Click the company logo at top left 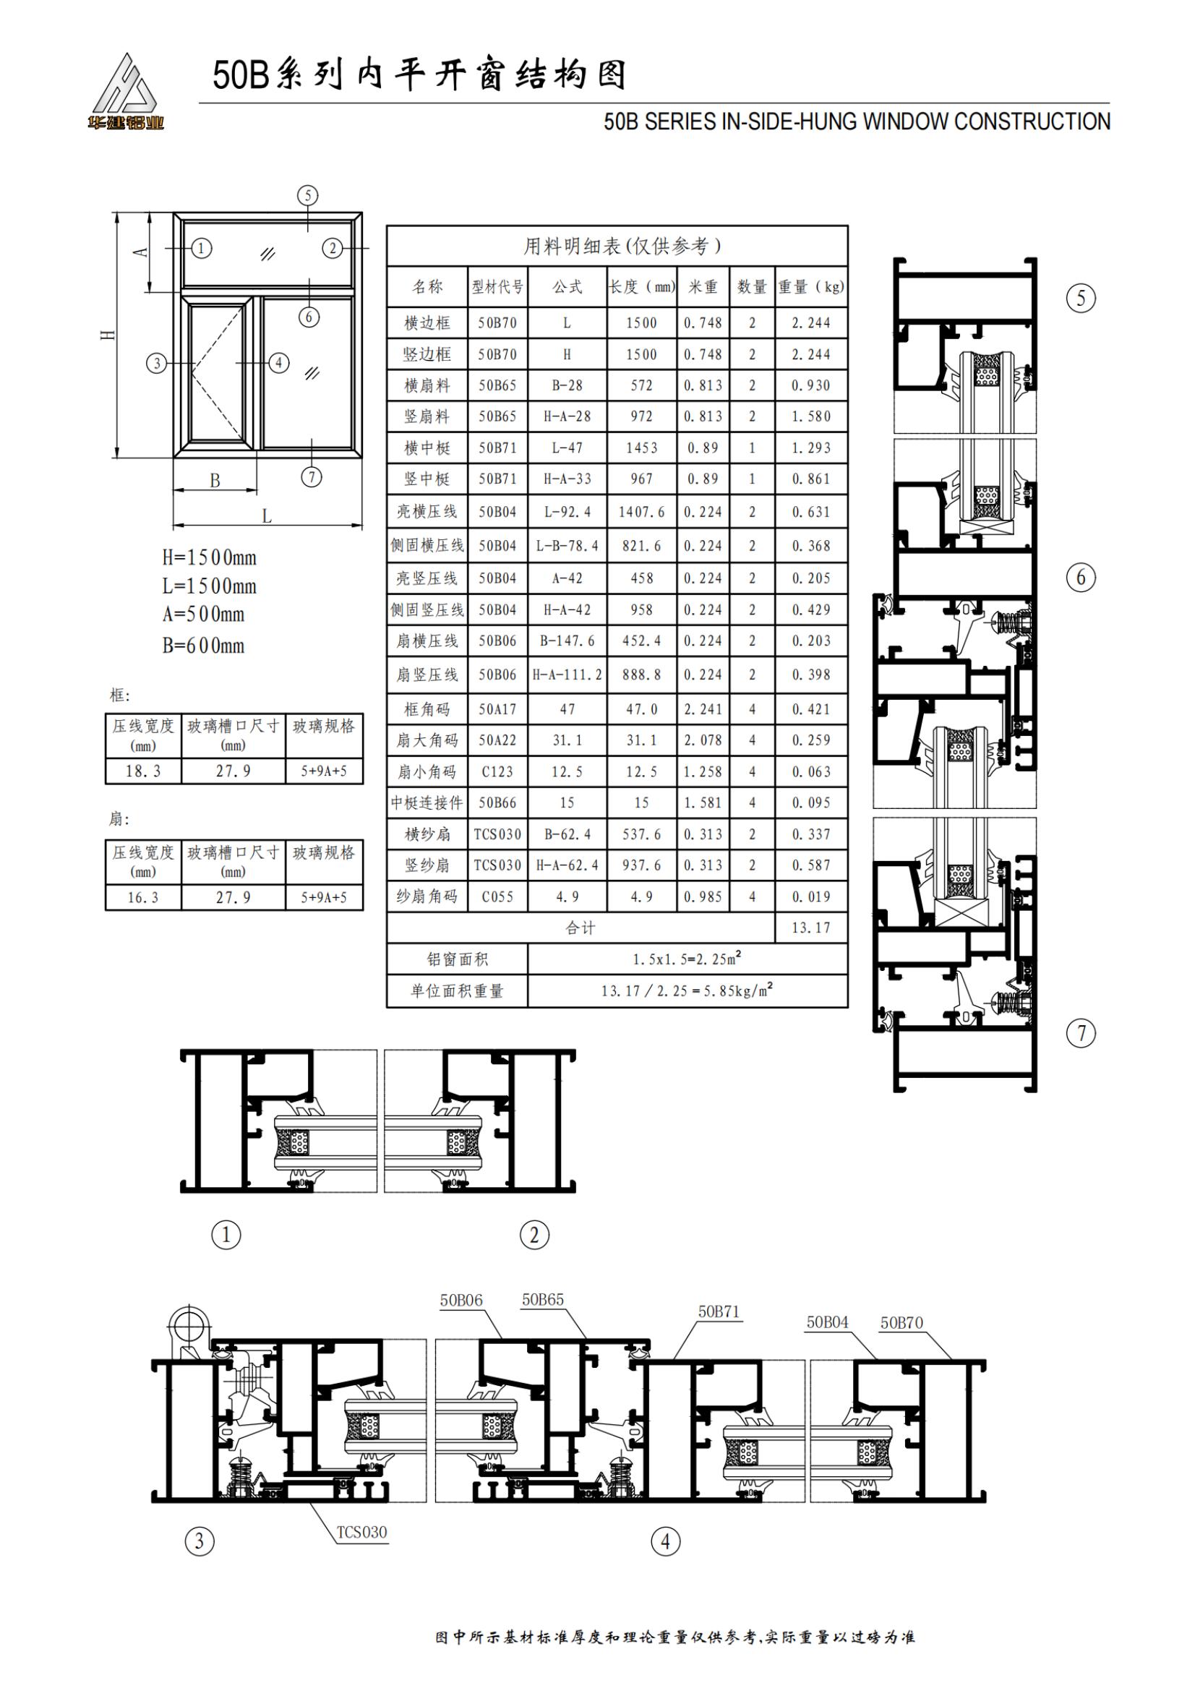point(125,92)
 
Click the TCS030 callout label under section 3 point(361,1532)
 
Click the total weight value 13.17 point(810,928)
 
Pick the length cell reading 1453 point(641,448)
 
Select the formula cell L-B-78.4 point(567,546)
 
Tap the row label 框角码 point(427,709)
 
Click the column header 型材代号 point(497,286)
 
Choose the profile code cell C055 point(497,897)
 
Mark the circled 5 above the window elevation point(308,195)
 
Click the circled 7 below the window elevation point(312,476)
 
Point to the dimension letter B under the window point(215,481)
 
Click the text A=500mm point(204,615)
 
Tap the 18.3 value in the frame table point(143,771)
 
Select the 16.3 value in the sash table point(143,898)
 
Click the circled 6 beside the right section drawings point(1081,578)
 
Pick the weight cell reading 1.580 point(810,416)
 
